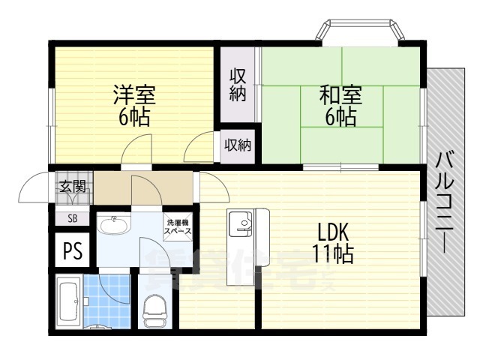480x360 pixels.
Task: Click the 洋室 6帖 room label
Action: click(x=134, y=106)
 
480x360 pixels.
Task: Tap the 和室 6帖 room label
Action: click(x=341, y=106)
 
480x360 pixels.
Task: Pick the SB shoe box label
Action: click(x=72, y=218)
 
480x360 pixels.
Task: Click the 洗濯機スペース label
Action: click(x=178, y=227)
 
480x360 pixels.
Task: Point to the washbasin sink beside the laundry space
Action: click(x=115, y=224)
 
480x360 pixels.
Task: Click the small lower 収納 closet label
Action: click(x=238, y=145)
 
